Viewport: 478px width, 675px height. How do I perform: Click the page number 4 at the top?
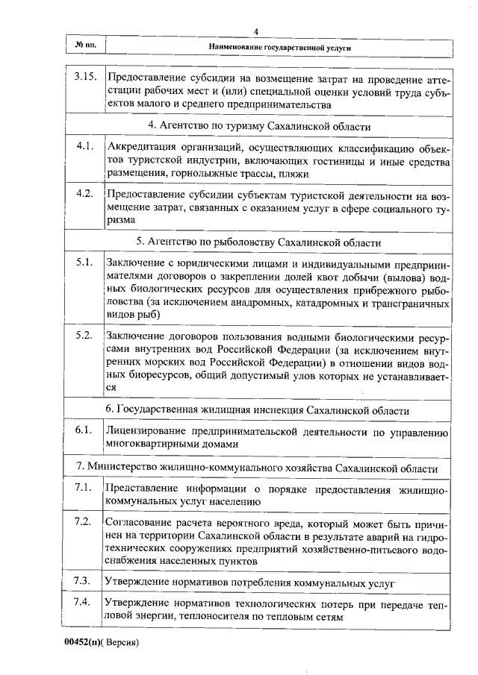tap(255, 31)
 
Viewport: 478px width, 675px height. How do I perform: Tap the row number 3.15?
tap(85, 75)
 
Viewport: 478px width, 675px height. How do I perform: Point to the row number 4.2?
tap(84, 193)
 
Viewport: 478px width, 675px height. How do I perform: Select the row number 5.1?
tap(84, 263)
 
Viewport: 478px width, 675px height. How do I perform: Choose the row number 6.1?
tap(84, 430)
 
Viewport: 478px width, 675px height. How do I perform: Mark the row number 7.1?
tap(84, 489)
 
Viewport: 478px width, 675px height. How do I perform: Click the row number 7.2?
tap(84, 521)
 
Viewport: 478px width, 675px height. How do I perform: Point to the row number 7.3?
tap(84, 581)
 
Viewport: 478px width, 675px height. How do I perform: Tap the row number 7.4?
tap(84, 603)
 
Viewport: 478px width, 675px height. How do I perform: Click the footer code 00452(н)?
tap(83, 641)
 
